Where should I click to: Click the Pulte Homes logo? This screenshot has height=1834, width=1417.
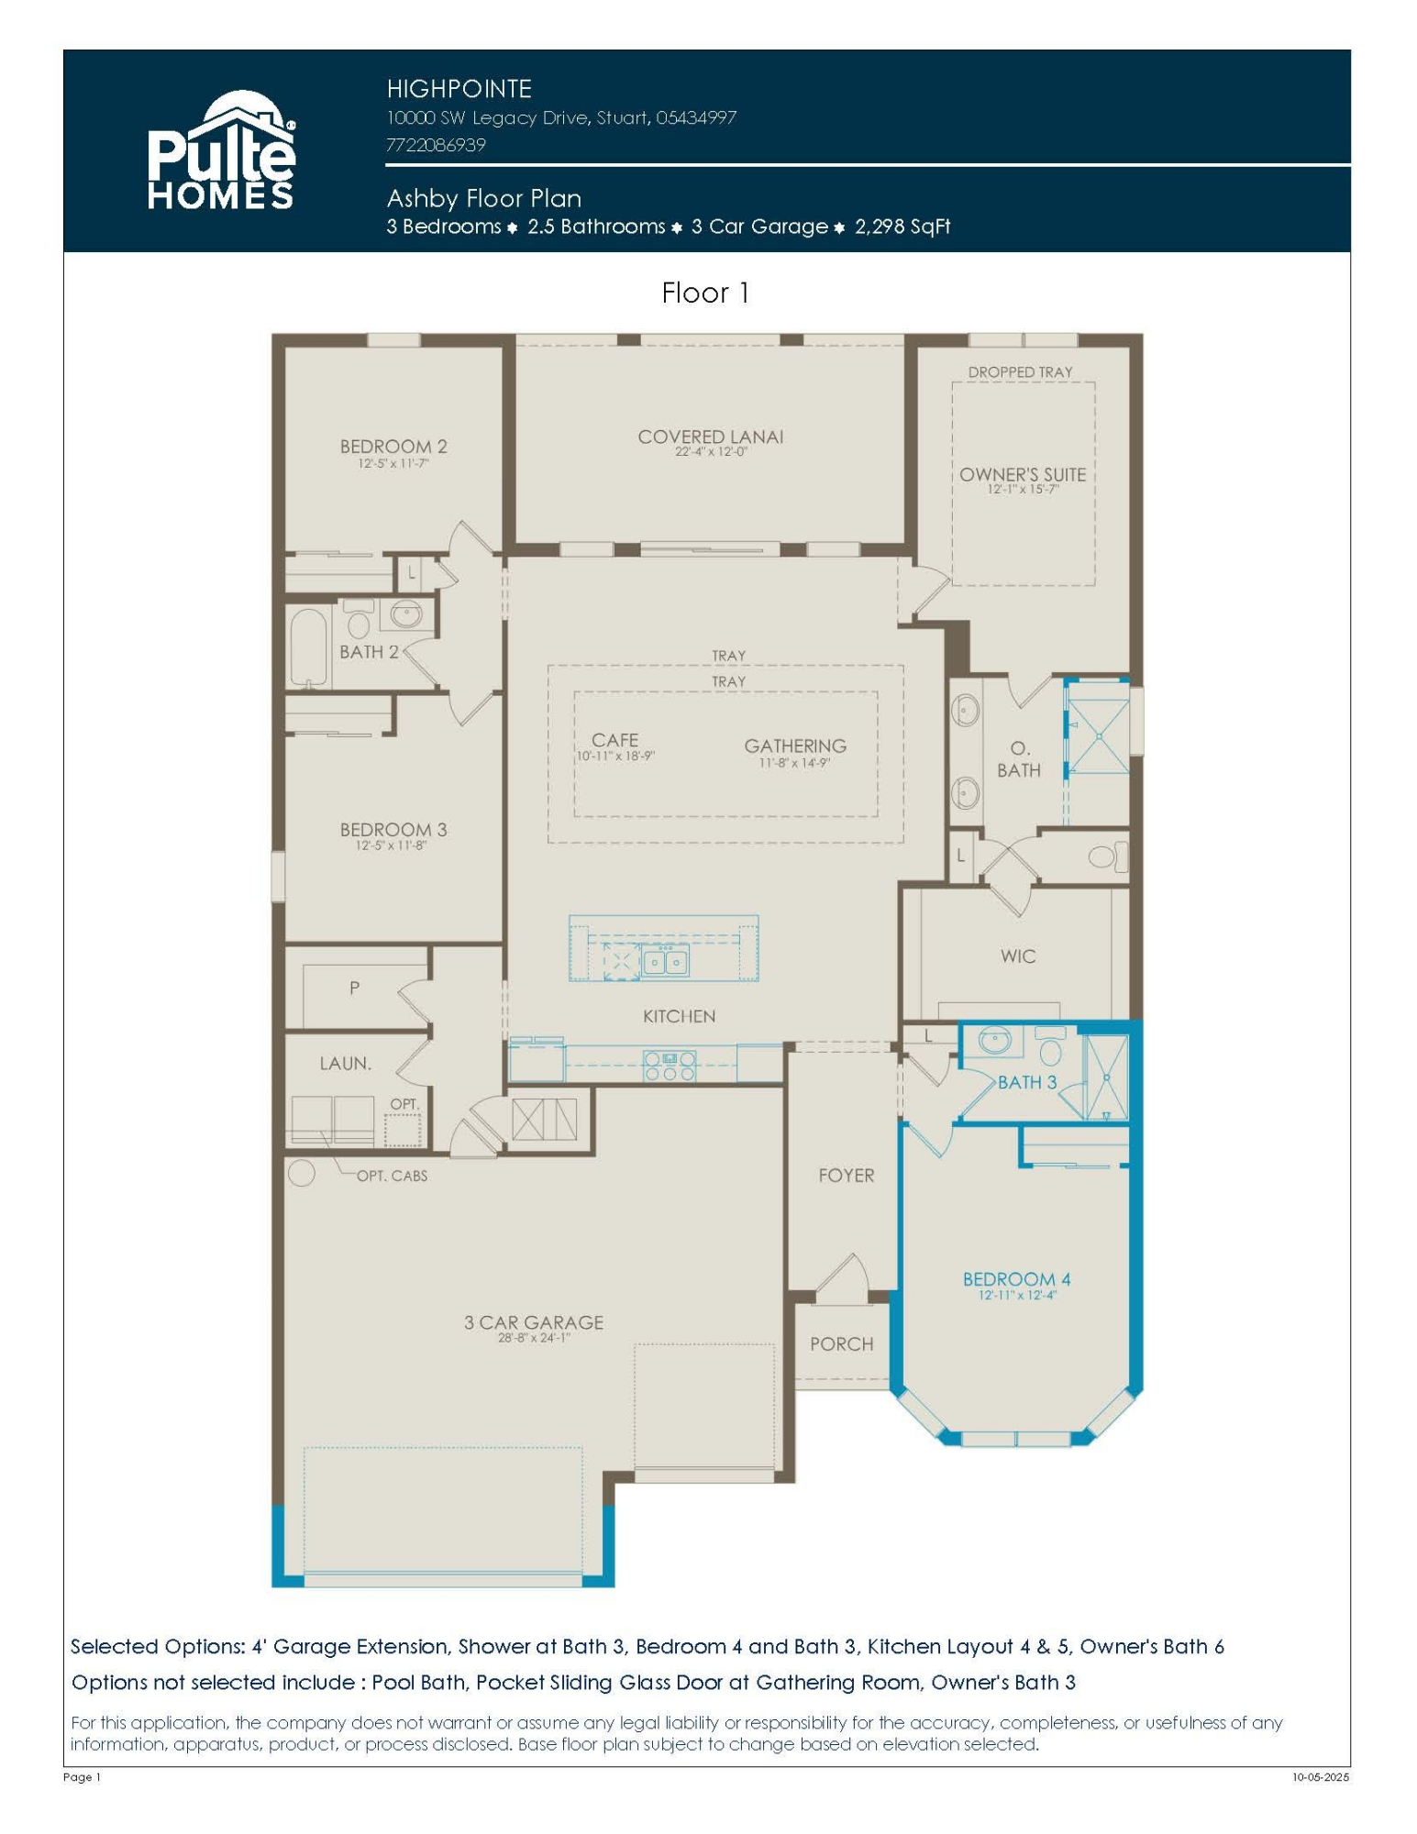click(x=221, y=151)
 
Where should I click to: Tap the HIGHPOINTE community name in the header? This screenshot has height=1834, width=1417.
click(x=459, y=89)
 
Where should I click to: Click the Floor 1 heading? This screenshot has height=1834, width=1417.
click(x=705, y=293)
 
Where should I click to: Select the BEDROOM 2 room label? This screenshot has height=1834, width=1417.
click(x=393, y=447)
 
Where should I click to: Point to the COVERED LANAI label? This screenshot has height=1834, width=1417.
click(x=711, y=436)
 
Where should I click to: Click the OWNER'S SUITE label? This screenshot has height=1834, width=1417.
click(x=1023, y=475)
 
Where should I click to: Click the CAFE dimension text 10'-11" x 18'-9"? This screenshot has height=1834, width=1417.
click(x=615, y=757)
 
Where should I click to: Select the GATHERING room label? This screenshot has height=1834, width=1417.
click(x=795, y=746)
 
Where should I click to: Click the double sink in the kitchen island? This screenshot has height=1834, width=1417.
click(x=666, y=962)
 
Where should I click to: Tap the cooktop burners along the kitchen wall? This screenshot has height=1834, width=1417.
click(x=670, y=1065)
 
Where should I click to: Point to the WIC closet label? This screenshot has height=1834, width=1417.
click(x=1018, y=956)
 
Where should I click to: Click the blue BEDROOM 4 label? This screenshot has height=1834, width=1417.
click(x=1016, y=1279)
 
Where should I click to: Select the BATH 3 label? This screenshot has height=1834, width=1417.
click(x=1027, y=1083)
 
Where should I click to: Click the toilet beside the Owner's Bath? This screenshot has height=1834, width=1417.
click(x=1105, y=857)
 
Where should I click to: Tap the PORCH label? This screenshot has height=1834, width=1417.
click(x=841, y=1344)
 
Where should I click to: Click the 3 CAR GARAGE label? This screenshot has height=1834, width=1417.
click(x=533, y=1322)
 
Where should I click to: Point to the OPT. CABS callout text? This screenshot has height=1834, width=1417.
click(x=392, y=1176)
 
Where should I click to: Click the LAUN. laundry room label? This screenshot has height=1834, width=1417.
click(x=346, y=1064)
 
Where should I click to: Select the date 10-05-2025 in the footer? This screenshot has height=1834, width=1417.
click(x=1321, y=1777)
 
